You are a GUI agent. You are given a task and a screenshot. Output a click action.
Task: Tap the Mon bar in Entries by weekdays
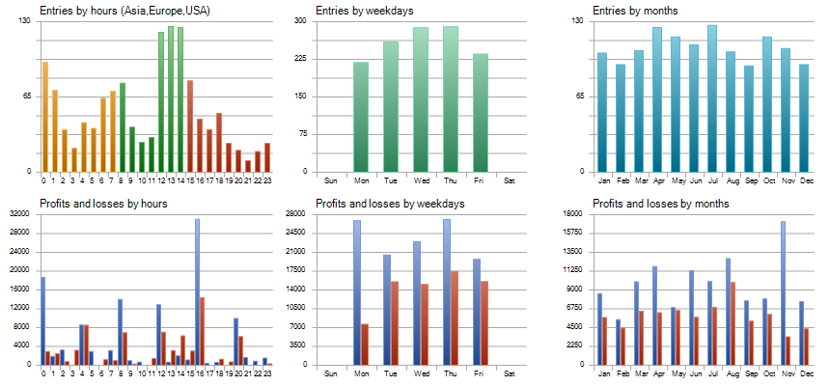pos(361,117)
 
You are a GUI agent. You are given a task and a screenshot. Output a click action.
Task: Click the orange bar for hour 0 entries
pos(44,117)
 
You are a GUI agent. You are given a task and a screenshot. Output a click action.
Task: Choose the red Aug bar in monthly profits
pos(733,323)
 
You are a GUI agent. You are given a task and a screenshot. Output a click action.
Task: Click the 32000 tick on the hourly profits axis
pos(21,233)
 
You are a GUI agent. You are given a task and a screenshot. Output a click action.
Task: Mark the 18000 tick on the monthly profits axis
pos(573,213)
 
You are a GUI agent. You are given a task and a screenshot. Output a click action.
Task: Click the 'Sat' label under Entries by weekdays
pos(510,180)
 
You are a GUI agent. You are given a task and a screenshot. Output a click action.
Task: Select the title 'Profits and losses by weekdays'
pos(390,204)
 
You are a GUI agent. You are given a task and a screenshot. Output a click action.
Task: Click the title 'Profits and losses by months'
pos(659,204)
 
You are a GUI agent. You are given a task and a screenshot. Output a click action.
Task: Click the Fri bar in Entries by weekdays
pos(481,113)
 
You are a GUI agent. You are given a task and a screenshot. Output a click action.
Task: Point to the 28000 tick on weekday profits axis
pos(295,213)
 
